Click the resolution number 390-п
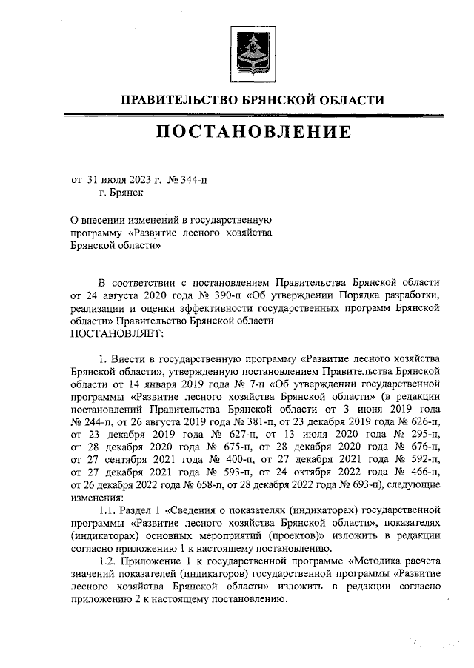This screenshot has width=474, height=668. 200,295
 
